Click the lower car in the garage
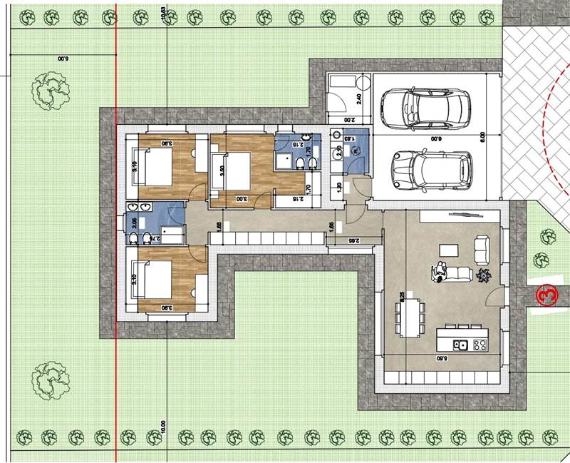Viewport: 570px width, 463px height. [x=432, y=169]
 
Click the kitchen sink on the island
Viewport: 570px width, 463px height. [x=461, y=346]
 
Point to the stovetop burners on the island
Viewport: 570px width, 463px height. [x=480, y=346]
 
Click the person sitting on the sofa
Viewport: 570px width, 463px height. [x=440, y=271]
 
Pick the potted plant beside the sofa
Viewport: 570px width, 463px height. [x=484, y=275]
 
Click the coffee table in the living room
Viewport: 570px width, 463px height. [x=448, y=250]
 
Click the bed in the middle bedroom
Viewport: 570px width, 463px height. [x=235, y=172]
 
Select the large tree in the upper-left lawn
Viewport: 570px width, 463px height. [x=51, y=91]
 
